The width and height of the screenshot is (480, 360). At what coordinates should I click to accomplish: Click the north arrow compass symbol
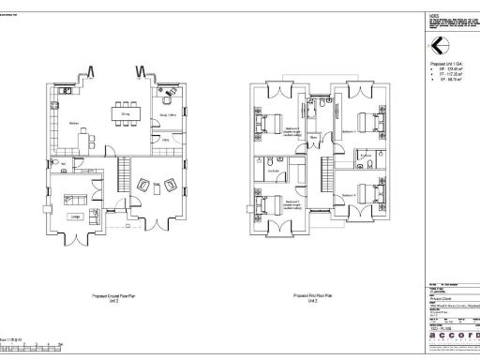tap(437, 46)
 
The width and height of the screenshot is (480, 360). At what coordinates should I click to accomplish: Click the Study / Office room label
tap(169, 114)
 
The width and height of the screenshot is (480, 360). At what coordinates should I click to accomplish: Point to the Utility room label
tap(165, 140)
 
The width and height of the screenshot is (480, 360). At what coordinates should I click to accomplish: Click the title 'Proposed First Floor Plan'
tap(314, 293)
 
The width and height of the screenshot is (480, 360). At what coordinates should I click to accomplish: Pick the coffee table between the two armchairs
tap(154, 184)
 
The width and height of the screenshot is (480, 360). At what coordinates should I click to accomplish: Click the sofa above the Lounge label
tap(72, 198)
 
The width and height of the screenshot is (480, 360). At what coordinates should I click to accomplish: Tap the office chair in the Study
tap(168, 94)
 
